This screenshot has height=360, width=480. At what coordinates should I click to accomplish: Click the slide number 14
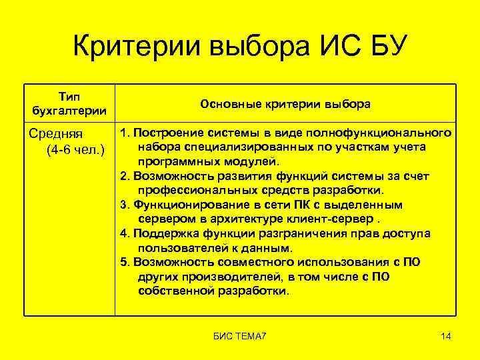pyautogui.click(x=446, y=337)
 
